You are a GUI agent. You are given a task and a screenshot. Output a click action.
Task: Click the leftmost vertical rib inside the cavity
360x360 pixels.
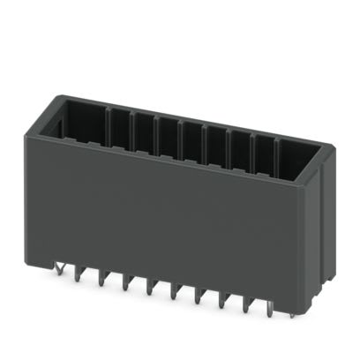[x=107, y=123]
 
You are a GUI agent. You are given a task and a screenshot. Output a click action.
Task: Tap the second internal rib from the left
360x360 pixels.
[x=131, y=126]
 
